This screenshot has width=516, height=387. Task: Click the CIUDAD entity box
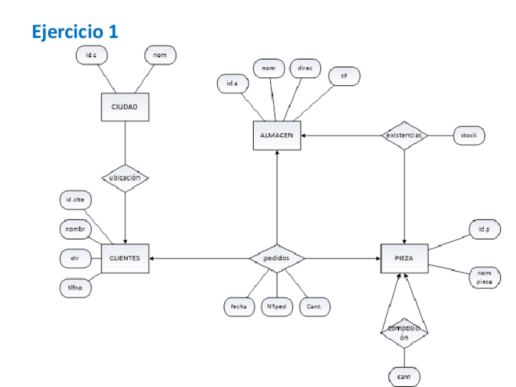(124, 107)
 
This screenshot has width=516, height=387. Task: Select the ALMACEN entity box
(276, 136)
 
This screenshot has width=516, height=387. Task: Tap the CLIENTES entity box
(125, 258)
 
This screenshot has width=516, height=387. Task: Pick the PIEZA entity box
(404, 258)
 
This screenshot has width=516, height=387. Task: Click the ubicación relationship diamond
(125, 178)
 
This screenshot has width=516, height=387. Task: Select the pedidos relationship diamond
(276, 258)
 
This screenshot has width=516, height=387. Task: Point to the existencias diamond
(404, 135)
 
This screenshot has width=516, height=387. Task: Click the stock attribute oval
(469, 136)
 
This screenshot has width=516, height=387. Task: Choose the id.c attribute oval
(91, 55)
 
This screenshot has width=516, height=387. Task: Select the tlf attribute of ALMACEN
(344, 76)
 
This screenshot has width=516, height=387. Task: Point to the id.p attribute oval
(484, 229)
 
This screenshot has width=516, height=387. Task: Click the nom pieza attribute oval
(484, 278)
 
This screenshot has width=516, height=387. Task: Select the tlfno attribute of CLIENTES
(75, 287)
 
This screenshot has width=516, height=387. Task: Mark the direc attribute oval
(304, 68)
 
